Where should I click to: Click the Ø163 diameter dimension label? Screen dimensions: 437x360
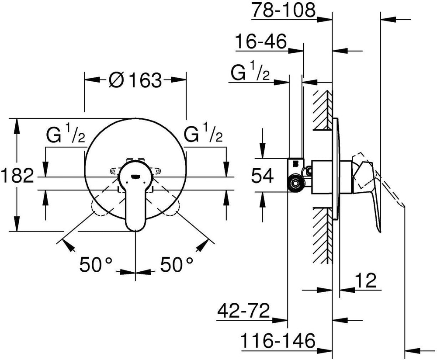tap(135, 80)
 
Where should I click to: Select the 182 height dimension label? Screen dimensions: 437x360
tap(17, 176)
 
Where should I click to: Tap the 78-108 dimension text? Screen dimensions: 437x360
tap(284, 10)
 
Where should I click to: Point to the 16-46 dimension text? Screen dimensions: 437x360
tap(261, 41)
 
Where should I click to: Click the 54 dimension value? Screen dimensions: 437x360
tap(263, 176)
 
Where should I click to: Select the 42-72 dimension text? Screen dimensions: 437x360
tap(243, 311)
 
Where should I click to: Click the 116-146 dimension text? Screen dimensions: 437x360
tap(278, 340)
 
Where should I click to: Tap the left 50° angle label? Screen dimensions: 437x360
tap(96, 264)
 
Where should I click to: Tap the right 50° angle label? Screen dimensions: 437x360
tap(177, 264)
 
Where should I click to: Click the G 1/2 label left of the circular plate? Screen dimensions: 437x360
tap(66, 133)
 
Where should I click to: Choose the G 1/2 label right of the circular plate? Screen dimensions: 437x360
tap(203, 133)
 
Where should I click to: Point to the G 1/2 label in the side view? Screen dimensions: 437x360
tap(250, 71)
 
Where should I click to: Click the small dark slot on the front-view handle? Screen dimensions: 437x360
tap(135, 176)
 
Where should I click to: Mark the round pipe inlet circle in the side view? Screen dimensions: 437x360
tap(295, 183)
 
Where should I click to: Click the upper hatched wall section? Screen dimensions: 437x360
tap(323, 110)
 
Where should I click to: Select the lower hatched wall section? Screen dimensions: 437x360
tap(323, 235)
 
